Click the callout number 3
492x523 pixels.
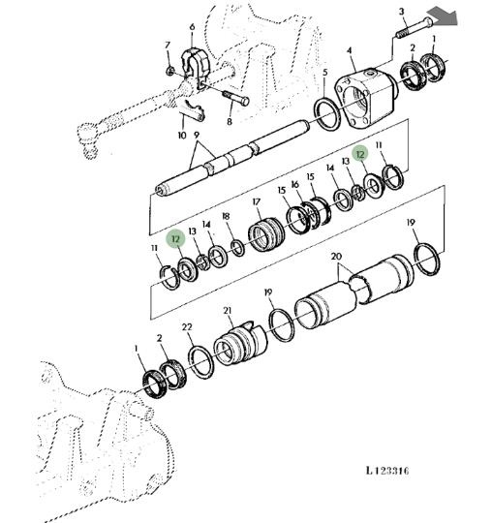[401, 12]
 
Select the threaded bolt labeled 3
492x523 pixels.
[414, 27]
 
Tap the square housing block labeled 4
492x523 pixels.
[366, 97]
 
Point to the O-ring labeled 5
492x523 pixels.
[327, 114]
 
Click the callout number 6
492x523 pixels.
[192, 27]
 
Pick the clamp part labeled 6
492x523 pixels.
[195, 68]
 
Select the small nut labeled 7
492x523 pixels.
[170, 71]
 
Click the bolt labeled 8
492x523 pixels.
[235, 98]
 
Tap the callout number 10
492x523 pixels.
[182, 136]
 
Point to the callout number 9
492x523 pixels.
[197, 135]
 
